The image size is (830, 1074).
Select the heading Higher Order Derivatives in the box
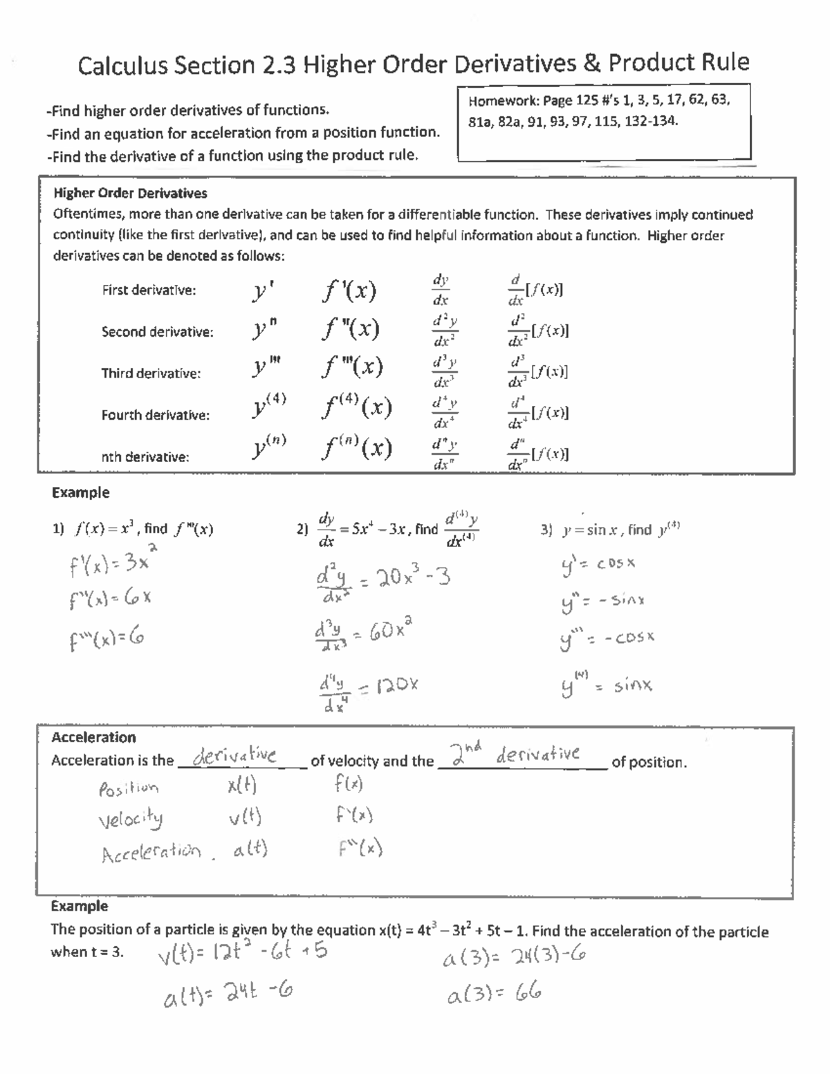(x=130, y=193)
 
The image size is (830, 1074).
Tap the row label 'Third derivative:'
(x=151, y=373)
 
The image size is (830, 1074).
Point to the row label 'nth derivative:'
(x=145, y=457)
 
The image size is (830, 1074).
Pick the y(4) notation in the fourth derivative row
(x=268, y=408)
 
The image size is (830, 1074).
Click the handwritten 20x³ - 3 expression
(x=405, y=576)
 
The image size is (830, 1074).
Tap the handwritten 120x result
(x=397, y=685)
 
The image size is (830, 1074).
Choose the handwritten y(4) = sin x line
(x=607, y=686)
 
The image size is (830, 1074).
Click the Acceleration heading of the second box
(x=93, y=737)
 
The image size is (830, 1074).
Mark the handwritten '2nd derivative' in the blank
(x=515, y=754)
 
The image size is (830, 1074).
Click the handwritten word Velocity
(x=131, y=820)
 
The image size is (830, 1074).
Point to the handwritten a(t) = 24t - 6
(x=228, y=995)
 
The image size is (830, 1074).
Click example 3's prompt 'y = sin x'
(x=584, y=530)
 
